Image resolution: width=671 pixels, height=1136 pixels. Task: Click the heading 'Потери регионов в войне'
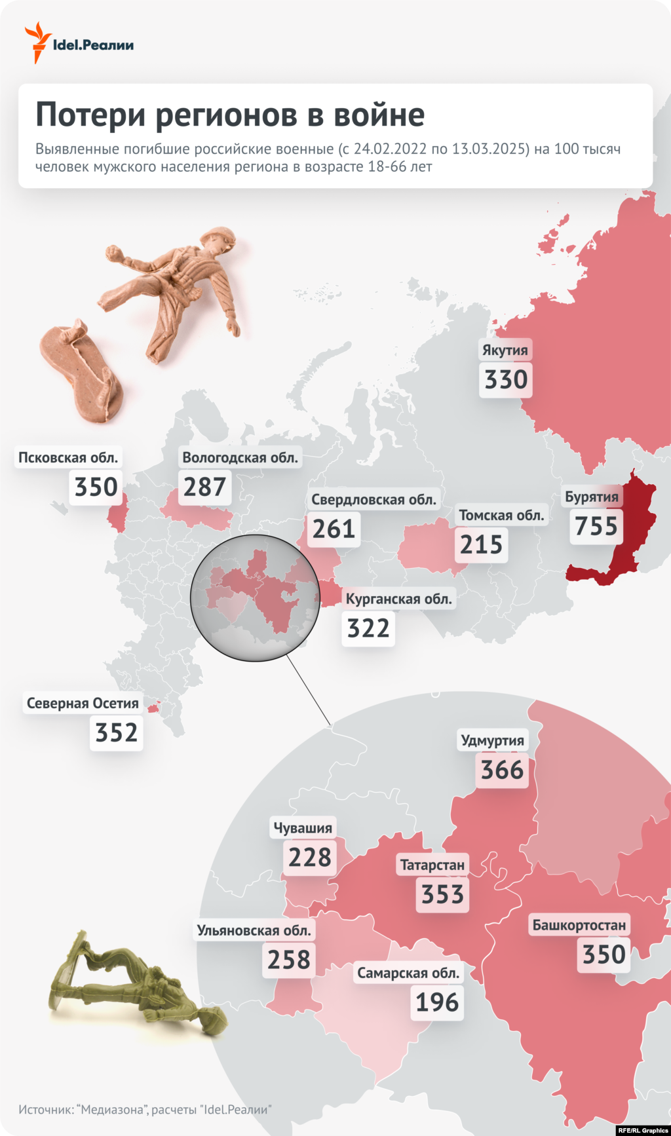[x=230, y=115]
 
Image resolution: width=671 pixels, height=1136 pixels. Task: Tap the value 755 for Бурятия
[x=596, y=526]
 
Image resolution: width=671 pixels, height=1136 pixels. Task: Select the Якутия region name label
[x=505, y=350]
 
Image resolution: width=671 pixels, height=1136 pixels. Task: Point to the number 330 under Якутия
[x=506, y=379]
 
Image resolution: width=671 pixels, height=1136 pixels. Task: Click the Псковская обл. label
[x=68, y=457]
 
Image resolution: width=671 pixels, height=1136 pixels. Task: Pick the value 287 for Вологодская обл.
[x=204, y=487]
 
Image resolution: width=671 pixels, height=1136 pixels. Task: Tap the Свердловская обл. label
[x=374, y=500]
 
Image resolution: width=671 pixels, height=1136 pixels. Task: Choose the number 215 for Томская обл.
[x=481, y=544]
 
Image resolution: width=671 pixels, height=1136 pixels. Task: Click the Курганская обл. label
[x=398, y=599]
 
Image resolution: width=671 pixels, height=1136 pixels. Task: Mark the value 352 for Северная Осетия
[x=117, y=732]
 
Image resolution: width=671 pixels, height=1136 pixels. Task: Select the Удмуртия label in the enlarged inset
[x=492, y=740]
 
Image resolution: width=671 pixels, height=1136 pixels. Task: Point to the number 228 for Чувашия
[x=310, y=857]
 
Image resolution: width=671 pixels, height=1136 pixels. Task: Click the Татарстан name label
[x=432, y=865]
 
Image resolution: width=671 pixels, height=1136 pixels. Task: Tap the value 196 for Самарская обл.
[x=437, y=1002]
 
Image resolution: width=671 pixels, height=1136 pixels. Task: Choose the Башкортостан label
[x=579, y=925]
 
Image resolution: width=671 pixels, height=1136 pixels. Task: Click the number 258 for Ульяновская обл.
[x=289, y=960]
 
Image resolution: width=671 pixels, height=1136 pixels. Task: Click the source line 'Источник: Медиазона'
[x=145, y=1110]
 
